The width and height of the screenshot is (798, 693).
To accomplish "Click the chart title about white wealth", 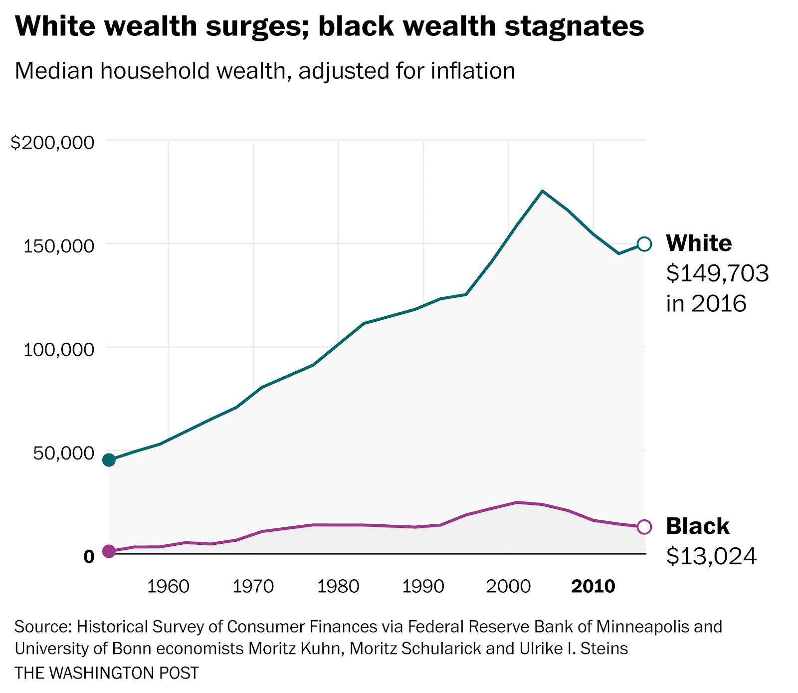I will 329,26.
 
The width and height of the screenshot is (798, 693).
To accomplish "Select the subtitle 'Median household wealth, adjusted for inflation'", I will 265,71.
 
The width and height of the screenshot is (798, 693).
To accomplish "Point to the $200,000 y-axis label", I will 52,143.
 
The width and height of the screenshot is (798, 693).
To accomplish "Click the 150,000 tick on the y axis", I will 59,245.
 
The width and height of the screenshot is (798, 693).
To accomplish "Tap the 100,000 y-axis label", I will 59,349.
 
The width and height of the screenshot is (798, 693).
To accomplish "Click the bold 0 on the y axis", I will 89,556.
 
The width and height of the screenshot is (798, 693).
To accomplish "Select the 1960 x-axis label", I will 169,586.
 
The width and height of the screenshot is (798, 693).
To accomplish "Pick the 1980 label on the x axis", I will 338,586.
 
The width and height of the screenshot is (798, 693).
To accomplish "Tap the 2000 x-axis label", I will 508,586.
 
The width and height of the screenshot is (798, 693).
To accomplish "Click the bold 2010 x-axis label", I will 593,586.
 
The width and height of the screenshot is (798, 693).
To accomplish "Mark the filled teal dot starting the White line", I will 109,460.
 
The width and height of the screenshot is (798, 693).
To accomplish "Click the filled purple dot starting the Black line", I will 109,551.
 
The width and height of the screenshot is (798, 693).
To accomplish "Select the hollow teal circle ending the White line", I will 644,244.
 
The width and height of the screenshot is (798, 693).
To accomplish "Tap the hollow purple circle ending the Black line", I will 644,527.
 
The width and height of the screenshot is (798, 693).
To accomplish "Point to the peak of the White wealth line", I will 542,191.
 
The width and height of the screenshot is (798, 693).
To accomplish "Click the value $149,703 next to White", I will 717,273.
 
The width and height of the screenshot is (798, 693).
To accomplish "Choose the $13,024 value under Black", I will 711,556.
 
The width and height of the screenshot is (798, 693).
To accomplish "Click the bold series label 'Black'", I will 697,526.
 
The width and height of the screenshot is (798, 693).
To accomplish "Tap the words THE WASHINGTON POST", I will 107,673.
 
